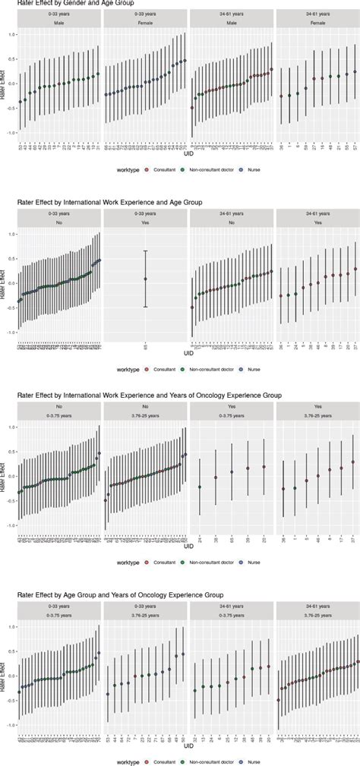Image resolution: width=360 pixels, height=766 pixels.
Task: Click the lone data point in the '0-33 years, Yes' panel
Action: [x=145, y=279]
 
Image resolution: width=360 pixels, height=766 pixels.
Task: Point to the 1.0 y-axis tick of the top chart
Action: [x=11, y=36]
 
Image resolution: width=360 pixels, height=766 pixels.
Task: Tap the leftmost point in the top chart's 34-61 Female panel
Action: [x=282, y=96]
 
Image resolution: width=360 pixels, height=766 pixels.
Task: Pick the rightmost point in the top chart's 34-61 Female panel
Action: [x=355, y=72]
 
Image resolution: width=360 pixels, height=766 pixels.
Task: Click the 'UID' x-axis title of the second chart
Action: [x=188, y=355]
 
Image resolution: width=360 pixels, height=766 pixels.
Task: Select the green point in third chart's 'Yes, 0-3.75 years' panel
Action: [x=200, y=487]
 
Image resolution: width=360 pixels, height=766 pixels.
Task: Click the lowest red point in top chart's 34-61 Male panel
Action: [x=192, y=107]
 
